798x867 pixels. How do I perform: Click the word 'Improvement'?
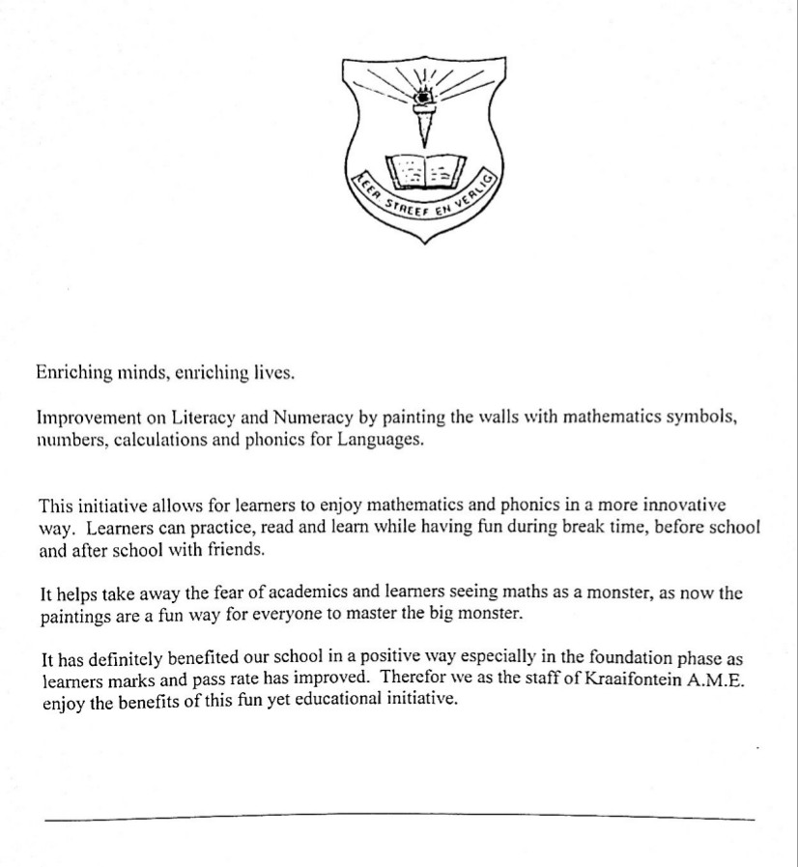[83, 418]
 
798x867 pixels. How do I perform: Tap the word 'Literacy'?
[204, 418]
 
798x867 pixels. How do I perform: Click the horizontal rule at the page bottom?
[399, 819]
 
